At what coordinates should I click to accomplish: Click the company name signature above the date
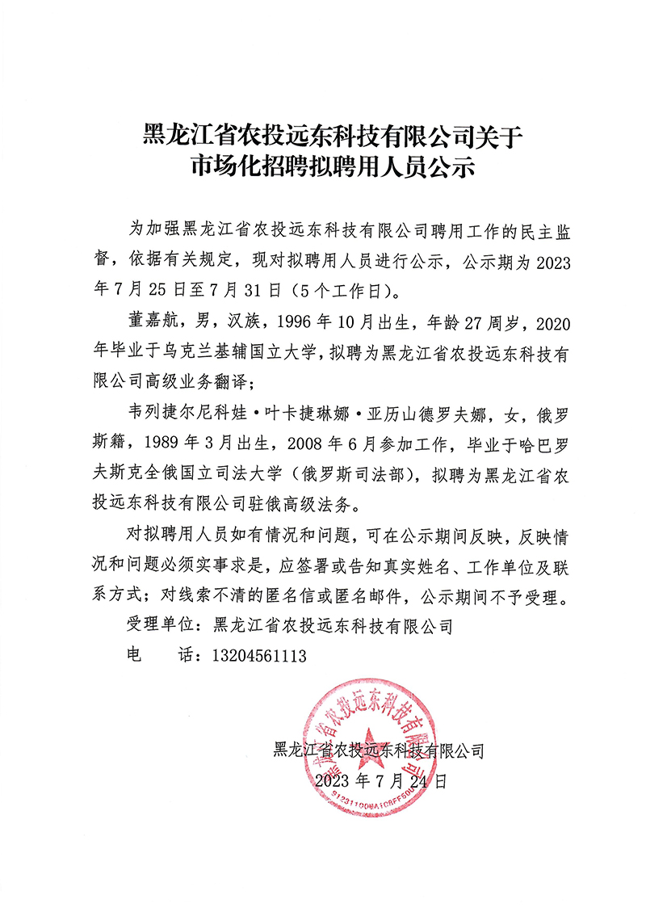(x=380, y=752)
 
